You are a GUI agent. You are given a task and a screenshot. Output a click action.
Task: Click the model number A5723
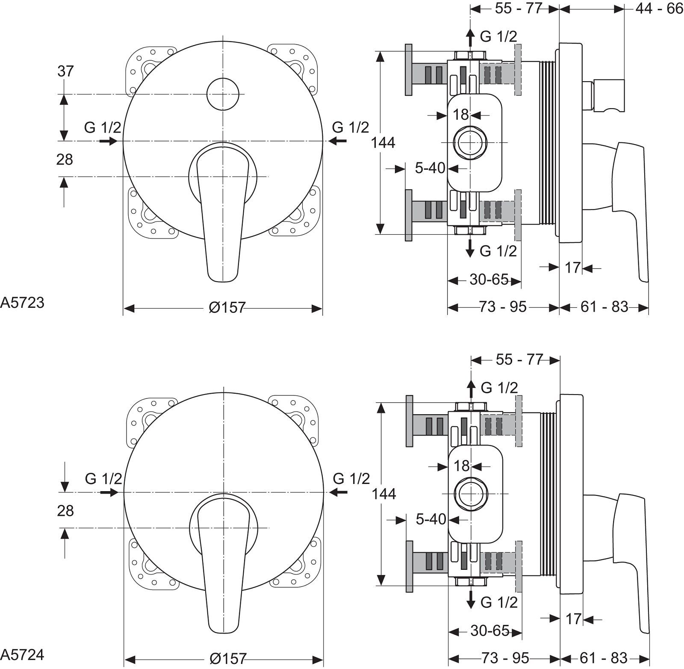pyautogui.click(x=22, y=302)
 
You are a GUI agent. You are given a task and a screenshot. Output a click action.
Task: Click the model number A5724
pyautogui.click(x=22, y=654)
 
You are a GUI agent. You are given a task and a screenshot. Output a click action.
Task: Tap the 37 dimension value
pyautogui.click(x=65, y=71)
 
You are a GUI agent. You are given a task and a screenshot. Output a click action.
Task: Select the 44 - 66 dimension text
pyautogui.click(x=659, y=8)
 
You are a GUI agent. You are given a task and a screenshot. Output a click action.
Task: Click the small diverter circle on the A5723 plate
pyautogui.click(x=223, y=94)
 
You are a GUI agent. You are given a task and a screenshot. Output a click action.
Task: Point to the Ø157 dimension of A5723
pyautogui.click(x=227, y=307)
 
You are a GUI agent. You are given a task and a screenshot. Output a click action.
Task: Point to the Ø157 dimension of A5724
pyautogui.click(x=228, y=659)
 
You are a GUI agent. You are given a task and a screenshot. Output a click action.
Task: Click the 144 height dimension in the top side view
pyautogui.click(x=383, y=142)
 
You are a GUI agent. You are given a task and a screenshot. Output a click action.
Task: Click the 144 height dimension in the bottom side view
pyautogui.click(x=384, y=494)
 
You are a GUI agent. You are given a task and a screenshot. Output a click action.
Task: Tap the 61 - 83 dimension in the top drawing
pyautogui.click(x=604, y=307)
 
